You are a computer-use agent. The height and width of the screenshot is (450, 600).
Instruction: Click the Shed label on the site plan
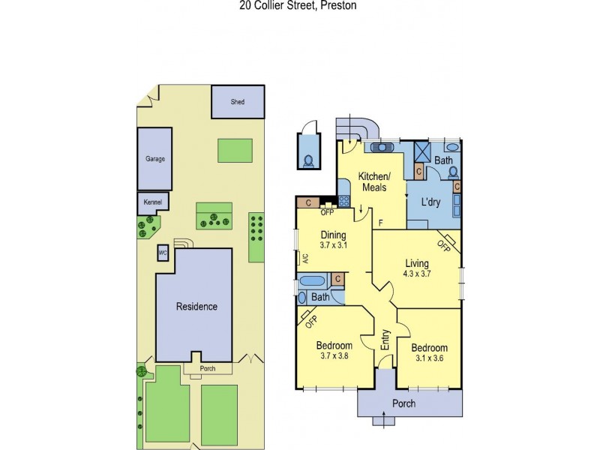pos(237,102)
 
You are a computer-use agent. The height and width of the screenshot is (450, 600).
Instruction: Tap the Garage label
pos(155,159)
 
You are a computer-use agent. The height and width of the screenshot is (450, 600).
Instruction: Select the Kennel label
pos(153,202)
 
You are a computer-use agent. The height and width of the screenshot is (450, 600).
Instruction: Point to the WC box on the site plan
pos(163,253)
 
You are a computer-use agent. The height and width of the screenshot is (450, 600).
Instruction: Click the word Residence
pos(196,307)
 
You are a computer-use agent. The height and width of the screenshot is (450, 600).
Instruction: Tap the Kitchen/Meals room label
pos(374,181)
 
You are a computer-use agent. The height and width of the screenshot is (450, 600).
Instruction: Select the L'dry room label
pos(430,202)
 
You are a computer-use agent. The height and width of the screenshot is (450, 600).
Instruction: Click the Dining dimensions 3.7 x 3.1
pos(333,245)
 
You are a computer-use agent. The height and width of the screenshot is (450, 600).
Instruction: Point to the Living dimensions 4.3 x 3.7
pos(417,274)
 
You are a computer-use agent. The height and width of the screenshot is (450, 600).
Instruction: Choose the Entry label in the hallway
pos(385,340)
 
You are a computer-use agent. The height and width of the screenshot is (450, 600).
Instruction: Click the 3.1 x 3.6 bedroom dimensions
pos(429,358)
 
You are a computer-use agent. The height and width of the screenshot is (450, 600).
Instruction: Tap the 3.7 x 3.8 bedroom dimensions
pos(334,355)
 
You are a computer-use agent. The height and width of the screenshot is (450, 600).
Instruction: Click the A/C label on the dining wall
pos(306,259)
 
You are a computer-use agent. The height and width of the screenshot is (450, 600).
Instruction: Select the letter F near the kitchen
pos(380,223)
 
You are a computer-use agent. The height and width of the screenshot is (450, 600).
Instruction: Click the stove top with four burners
pos(343,201)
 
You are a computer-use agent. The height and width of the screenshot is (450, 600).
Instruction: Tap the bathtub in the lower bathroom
pos(312,281)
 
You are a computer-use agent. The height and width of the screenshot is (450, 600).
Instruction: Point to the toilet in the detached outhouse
pos(308,160)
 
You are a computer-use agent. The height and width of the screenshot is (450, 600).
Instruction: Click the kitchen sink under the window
pos(382,147)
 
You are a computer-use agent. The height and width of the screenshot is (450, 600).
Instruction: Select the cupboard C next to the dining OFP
pos(308,202)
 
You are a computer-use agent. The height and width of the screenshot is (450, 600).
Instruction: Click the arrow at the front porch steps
pos(384,418)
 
